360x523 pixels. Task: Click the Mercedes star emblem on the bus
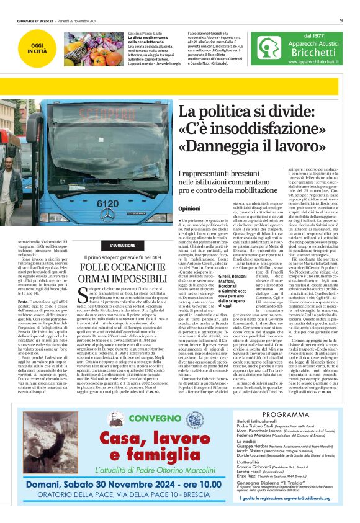(107, 213)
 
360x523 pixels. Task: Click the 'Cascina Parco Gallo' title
(145, 33)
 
